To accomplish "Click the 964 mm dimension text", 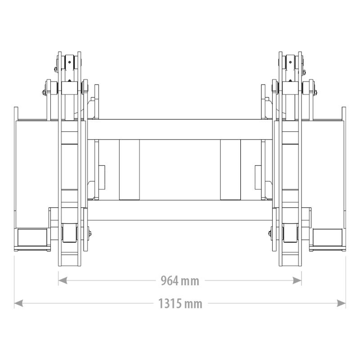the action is (180, 280).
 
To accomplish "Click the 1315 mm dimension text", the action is (180, 303).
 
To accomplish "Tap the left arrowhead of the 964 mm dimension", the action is (63, 280).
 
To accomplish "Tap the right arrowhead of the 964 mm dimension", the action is (297, 280).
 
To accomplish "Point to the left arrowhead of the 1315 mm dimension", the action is (18, 303).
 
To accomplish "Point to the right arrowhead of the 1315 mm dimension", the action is (341, 303).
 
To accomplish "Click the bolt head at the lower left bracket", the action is (90, 234).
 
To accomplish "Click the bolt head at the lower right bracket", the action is (270, 234).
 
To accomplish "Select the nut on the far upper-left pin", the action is (44, 92).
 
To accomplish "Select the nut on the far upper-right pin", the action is (315, 92).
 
